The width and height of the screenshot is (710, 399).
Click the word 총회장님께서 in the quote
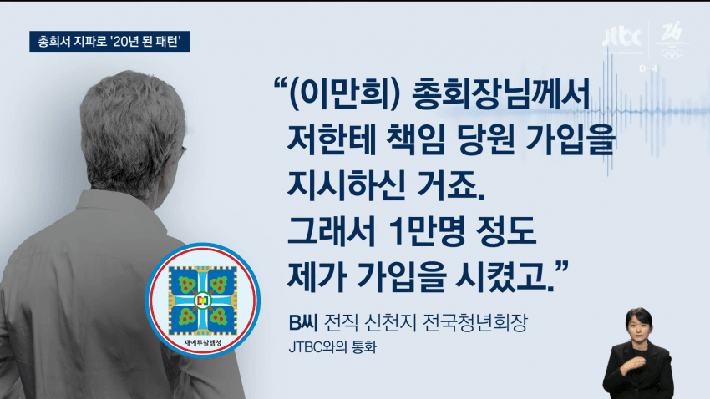click(501, 94)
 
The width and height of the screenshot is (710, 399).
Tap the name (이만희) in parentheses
click(345, 94)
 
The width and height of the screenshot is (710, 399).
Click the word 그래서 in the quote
click(332, 230)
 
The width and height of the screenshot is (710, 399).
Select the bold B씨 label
click(303, 322)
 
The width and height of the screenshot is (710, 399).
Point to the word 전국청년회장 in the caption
click(474, 322)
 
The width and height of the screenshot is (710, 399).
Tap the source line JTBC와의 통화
click(332, 347)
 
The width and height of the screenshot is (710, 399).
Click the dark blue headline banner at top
click(109, 41)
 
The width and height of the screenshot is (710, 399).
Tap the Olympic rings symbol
click(671, 53)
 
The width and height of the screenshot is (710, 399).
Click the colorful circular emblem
click(202, 300)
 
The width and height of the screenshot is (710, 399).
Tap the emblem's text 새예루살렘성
click(202, 342)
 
